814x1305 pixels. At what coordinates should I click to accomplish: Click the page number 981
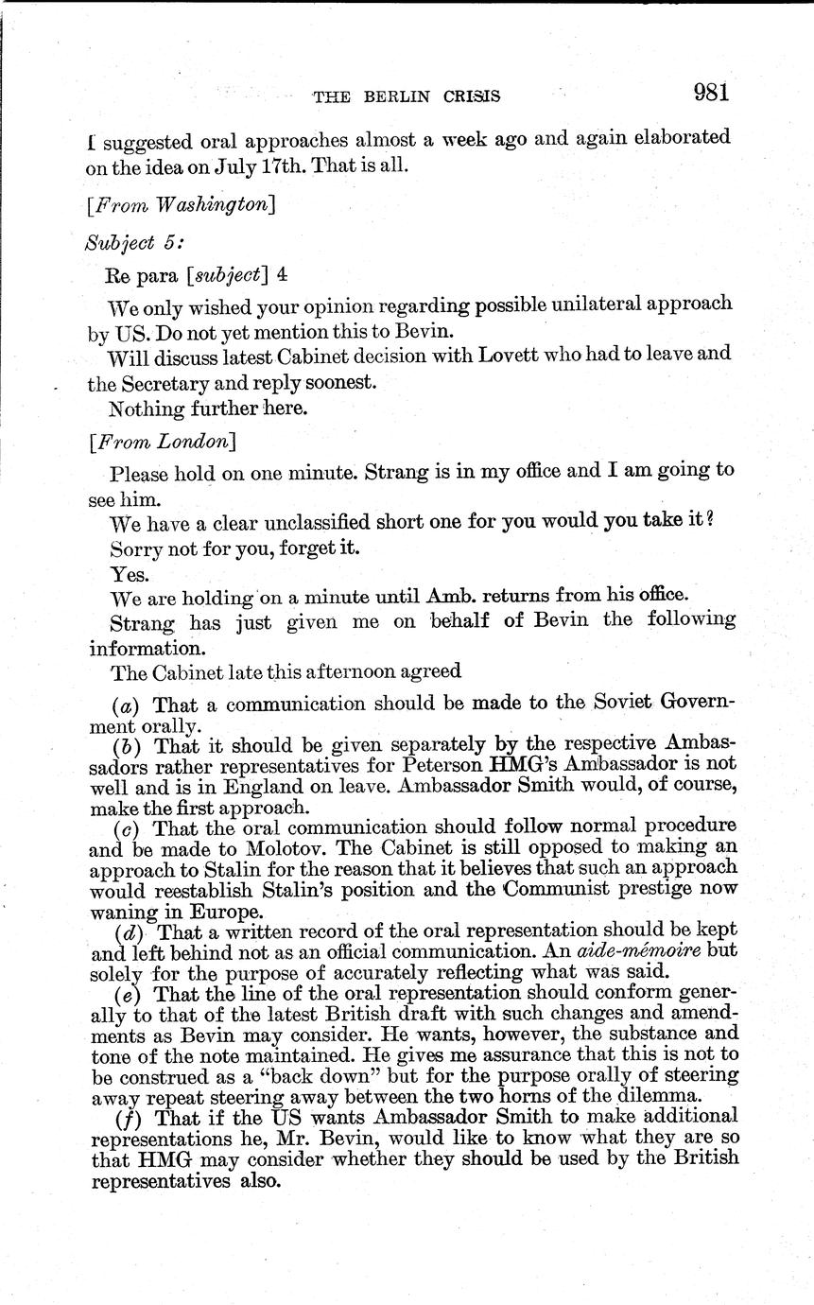pyautogui.click(x=710, y=92)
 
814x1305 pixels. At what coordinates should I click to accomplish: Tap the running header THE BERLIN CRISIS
pyautogui.click(x=407, y=96)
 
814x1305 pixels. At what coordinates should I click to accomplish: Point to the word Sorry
pyautogui.click(x=135, y=548)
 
